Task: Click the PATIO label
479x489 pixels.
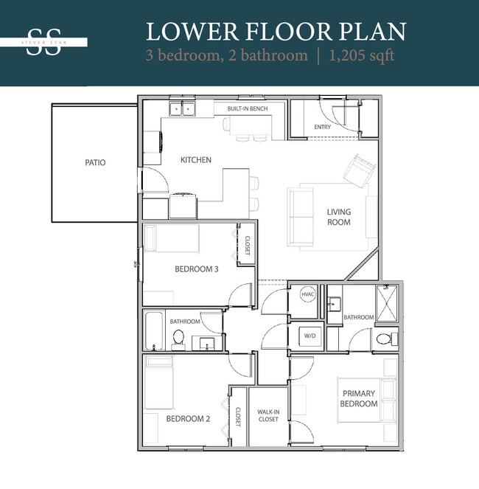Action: point(94,162)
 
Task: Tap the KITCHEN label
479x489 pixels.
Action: point(196,160)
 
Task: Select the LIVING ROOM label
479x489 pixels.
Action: point(339,217)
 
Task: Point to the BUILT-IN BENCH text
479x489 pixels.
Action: point(247,109)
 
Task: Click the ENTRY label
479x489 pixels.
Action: point(322,127)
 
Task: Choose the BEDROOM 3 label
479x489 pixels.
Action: point(196,269)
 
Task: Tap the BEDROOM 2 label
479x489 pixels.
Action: point(188,419)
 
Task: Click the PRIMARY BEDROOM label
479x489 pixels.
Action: point(359,398)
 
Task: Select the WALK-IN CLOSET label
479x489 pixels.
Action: point(268,415)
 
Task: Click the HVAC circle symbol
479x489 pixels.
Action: point(307,294)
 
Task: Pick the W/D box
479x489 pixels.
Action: point(307,336)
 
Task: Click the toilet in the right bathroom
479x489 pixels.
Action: point(382,339)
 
